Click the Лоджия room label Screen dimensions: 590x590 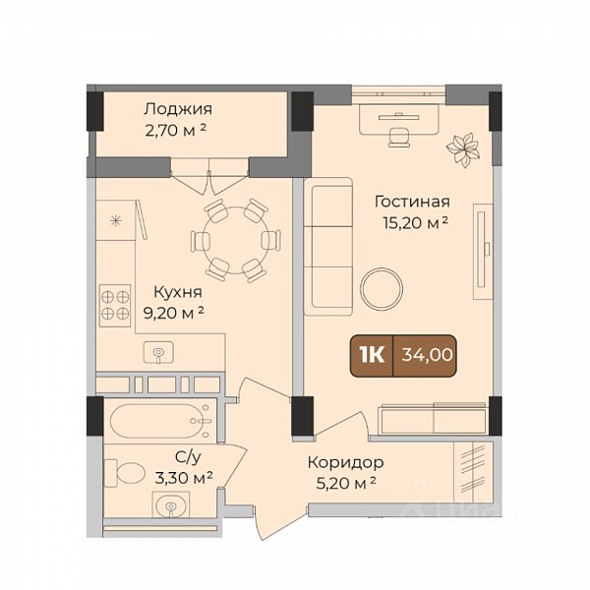178,109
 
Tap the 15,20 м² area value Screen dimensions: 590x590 415,223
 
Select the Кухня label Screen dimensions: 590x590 178,292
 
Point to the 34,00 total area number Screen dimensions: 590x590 427,354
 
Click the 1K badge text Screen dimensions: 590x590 372,354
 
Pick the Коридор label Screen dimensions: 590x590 346,462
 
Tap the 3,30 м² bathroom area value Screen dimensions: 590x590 184,478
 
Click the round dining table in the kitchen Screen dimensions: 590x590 236,240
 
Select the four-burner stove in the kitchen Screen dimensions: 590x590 115,305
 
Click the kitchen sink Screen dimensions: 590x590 158,352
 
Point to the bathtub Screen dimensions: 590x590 160,421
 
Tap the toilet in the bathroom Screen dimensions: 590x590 125,473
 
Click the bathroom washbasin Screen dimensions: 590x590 171,505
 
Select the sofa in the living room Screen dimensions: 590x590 328,246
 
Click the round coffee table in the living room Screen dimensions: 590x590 382,289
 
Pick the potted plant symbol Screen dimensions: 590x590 462,149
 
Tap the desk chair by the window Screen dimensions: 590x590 399,137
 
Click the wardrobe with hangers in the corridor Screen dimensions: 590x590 473,472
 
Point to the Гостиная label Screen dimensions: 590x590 412,202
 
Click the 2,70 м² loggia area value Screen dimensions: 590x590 175,131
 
